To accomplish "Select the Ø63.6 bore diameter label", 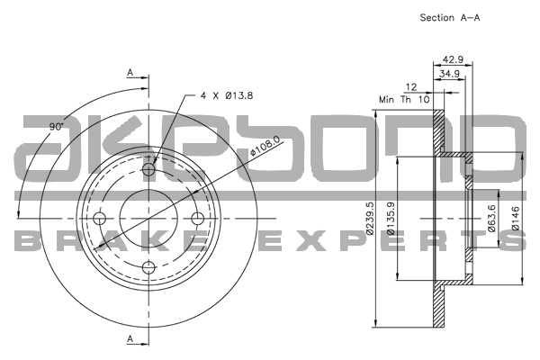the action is tap(492, 217).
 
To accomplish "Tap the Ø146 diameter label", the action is tap(515, 217).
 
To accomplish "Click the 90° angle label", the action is tap(57, 127).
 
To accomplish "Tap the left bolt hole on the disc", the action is tap(100, 217).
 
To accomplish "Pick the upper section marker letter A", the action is tap(130, 72).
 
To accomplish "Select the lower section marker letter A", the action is tap(130, 338).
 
